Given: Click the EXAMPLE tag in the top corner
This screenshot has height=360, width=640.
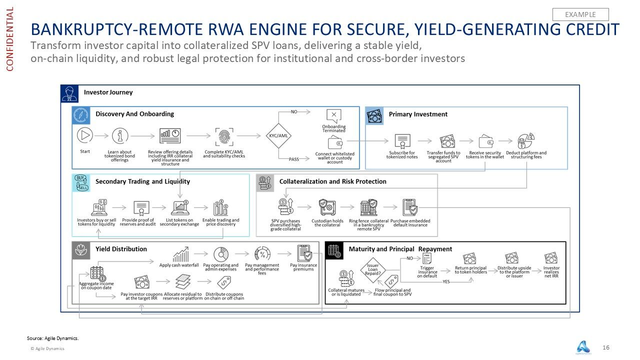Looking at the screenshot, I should [x=580, y=14].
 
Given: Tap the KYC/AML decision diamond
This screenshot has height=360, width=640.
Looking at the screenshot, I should [x=279, y=135].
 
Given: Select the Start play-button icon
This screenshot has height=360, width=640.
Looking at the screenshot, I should [x=85, y=135].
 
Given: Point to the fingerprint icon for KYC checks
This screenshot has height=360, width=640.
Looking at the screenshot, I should [x=223, y=136].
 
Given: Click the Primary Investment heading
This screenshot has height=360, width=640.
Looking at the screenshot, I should [x=418, y=114].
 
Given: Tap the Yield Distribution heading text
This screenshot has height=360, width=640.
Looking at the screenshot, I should [x=121, y=249].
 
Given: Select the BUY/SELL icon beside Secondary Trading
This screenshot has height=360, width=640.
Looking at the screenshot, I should [x=80, y=182].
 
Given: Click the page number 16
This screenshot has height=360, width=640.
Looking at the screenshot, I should [x=606, y=347].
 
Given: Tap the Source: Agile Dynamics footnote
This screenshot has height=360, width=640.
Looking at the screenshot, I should [x=52, y=338].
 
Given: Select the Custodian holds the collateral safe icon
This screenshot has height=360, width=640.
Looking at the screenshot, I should [x=327, y=207].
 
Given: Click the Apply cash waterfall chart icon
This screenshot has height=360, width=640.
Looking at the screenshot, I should [x=180, y=254].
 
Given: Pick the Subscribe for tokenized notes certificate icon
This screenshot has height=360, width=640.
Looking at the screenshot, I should [x=401, y=141].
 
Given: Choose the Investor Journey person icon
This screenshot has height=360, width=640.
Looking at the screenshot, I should [x=69, y=93].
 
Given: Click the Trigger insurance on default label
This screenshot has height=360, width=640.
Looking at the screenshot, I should [x=427, y=271].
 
